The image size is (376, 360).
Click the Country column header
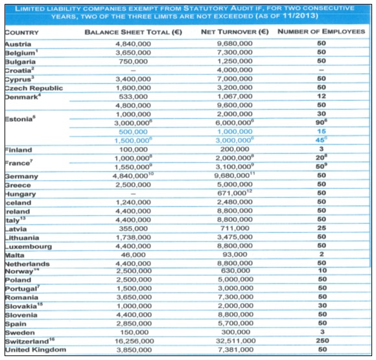(22, 32)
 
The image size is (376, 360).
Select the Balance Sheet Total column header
(134, 32)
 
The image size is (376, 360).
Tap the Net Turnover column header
(235, 32)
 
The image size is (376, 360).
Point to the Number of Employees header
(322, 31)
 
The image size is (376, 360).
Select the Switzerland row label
(30, 341)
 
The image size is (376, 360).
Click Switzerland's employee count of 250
(322, 341)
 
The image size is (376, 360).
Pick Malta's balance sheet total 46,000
(134, 254)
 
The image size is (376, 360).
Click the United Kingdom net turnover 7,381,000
(235, 350)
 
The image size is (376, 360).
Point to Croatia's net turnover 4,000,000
(235, 70)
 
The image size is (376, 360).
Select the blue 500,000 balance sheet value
(134, 131)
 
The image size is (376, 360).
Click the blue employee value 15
(322, 131)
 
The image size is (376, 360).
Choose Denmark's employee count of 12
(322, 96)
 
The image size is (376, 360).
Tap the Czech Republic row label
(34, 88)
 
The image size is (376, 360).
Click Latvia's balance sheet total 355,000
(134, 229)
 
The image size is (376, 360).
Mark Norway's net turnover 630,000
(236, 271)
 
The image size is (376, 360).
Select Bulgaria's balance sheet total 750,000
(134, 62)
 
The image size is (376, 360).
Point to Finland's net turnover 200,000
(235, 149)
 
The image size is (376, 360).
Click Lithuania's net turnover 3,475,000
(235, 237)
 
